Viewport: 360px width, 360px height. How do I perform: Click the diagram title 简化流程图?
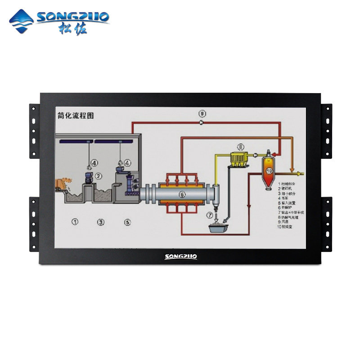(x=76, y=116)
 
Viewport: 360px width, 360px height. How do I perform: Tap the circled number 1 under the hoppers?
(x=76, y=221)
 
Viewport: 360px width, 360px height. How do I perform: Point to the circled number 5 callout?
(x=127, y=221)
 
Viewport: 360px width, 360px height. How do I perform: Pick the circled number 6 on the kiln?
(x=182, y=194)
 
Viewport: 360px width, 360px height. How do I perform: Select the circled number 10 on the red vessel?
(x=269, y=171)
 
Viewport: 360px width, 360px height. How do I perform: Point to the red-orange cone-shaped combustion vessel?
(x=269, y=173)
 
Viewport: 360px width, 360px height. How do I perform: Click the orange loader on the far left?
(x=63, y=184)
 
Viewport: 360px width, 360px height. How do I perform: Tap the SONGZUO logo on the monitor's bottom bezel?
(x=180, y=256)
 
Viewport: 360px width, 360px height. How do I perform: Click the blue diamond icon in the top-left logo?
(x=22, y=21)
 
